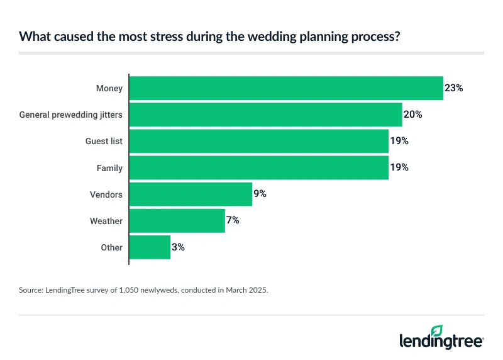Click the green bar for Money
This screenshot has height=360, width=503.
tap(286, 88)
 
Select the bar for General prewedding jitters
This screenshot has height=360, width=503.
tap(265, 115)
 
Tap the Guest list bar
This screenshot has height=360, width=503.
tap(258, 141)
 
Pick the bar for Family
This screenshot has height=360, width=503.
tap(258, 168)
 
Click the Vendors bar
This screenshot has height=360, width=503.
tap(191, 194)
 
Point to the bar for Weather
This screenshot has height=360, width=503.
tap(177, 221)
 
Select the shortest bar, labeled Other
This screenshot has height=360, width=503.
tap(150, 247)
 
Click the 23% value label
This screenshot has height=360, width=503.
tap(453, 88)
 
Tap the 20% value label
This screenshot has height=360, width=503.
tap(412, 115)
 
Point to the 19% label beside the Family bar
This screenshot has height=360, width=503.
tap(399, 168)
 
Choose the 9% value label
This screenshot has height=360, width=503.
tap(260, 194)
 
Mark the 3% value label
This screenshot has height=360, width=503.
tap(178, 247)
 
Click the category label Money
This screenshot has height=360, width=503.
tap(109, 88)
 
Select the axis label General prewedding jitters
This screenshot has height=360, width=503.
tap(71, 115)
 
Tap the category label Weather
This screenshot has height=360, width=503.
tap(106, 221)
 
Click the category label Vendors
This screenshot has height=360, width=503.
tap(106, 194)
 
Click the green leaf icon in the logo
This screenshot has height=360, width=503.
tap(436, 330)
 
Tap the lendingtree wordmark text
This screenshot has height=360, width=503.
tap(441, 342)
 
